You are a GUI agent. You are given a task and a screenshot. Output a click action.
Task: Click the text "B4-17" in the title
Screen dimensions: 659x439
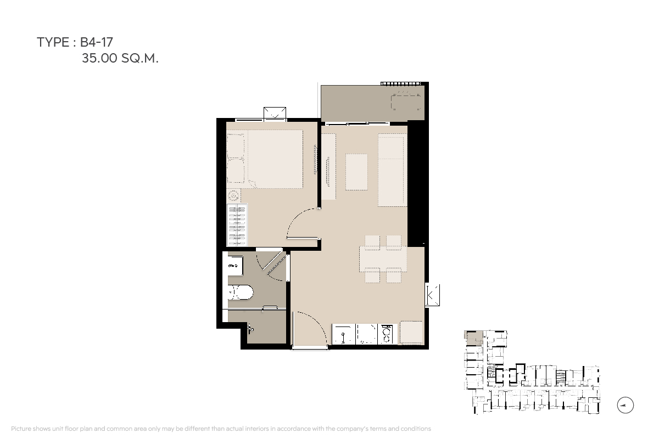97,42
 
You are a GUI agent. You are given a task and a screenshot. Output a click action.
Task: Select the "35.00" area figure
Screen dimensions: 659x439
99,58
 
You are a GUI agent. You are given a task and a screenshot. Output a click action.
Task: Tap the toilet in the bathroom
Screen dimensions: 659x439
241,292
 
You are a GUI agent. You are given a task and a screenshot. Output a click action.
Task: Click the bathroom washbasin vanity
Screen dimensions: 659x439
236,266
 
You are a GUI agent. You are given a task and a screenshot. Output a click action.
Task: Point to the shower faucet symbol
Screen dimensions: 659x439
250,329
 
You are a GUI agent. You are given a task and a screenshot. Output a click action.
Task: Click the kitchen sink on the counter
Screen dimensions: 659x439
343,334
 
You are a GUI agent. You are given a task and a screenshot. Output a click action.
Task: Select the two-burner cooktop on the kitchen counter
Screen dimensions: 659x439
386,334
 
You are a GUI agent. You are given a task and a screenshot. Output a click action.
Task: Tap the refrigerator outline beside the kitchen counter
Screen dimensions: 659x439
411,332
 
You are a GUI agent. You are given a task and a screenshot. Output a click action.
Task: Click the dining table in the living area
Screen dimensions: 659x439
383,259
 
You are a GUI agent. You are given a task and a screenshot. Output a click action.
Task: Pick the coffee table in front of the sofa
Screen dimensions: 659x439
356,172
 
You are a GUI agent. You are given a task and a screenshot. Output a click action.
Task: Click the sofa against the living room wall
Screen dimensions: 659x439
393,170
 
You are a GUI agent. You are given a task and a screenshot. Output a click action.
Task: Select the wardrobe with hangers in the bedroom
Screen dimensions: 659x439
237,225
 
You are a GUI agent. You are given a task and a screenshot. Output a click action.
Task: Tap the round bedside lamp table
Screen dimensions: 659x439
233,195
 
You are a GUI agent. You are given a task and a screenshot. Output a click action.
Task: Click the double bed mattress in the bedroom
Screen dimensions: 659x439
275,159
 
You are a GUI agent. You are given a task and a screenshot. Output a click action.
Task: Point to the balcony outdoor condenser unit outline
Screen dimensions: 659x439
406,101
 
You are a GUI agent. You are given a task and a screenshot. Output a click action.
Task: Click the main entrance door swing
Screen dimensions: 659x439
310,328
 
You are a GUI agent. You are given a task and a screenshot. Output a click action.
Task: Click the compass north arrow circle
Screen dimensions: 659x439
625,405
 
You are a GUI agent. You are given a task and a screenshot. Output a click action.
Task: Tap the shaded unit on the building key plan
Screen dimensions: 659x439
473,338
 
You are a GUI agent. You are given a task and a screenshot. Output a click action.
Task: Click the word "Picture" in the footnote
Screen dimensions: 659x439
21,429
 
